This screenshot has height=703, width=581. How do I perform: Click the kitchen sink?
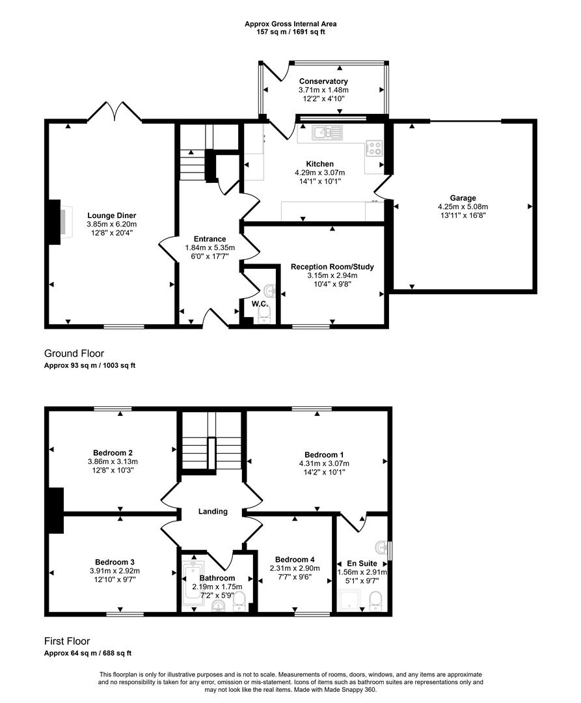(327, 133)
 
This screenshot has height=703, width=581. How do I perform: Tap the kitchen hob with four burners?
(375, 148)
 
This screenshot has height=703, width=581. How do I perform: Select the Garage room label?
(463, 198)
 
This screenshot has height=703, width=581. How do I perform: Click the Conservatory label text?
(323, 81)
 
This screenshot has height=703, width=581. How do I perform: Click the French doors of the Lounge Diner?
(115, 113)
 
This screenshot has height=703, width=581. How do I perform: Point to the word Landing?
(213, 512)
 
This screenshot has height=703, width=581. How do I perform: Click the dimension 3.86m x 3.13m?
(113, 462)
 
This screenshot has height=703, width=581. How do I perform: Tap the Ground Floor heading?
(74, 353)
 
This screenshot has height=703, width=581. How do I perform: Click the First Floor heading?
(67, 641)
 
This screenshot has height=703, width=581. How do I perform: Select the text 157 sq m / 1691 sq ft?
(290, 31)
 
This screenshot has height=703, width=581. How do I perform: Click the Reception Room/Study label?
(332, 267)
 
